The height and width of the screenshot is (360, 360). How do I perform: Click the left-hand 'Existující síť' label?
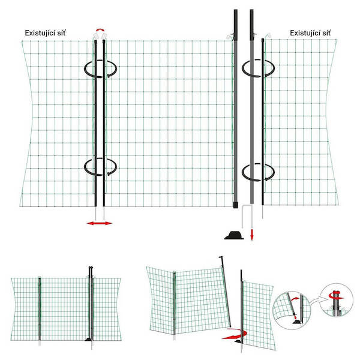pyautogui.click(x=45, y=33)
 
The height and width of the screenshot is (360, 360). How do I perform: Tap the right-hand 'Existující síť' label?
pyautogui.click(x=310, y=33)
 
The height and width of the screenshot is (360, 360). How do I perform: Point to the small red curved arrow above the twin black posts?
pyautogui.click(x=100, y=30)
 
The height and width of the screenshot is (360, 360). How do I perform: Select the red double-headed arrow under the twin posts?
pyautogui.click(x=100, y=223)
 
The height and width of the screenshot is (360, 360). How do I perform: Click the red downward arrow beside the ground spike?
pyautogui.click(x=252, y=235)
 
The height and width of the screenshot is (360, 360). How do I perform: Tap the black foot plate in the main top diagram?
pyautogui.click(x=234, y=236)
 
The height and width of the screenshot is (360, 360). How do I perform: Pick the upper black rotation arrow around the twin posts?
pyautogui.click(x=100, y=69)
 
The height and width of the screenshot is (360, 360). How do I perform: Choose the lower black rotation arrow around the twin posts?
pyautogui.click(x=100, y=167)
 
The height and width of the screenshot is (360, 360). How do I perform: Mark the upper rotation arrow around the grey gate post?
pyautogui.click(x=258, y=68)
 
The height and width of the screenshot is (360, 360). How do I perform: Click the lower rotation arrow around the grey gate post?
pyautogui.click(x=258, y=172)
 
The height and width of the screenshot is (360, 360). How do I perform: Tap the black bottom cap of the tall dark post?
pyautogui.click(x=236, y=205)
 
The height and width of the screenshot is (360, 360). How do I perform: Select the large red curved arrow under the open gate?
pyautogui.click(x=235, y=334)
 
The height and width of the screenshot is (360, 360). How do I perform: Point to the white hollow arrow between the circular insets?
pyautogui.click(x=315, y=301)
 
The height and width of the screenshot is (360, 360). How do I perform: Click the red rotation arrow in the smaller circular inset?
pyautogui.click(x=337, y=297)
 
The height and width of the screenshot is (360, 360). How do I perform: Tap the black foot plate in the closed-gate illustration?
pyautogui.click(x=89, y=339)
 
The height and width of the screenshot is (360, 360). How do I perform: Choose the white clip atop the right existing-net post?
pyautogui.click(x=268, y=35)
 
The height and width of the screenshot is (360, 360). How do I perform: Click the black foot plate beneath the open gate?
pyautogui.click(x=238, y=341)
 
